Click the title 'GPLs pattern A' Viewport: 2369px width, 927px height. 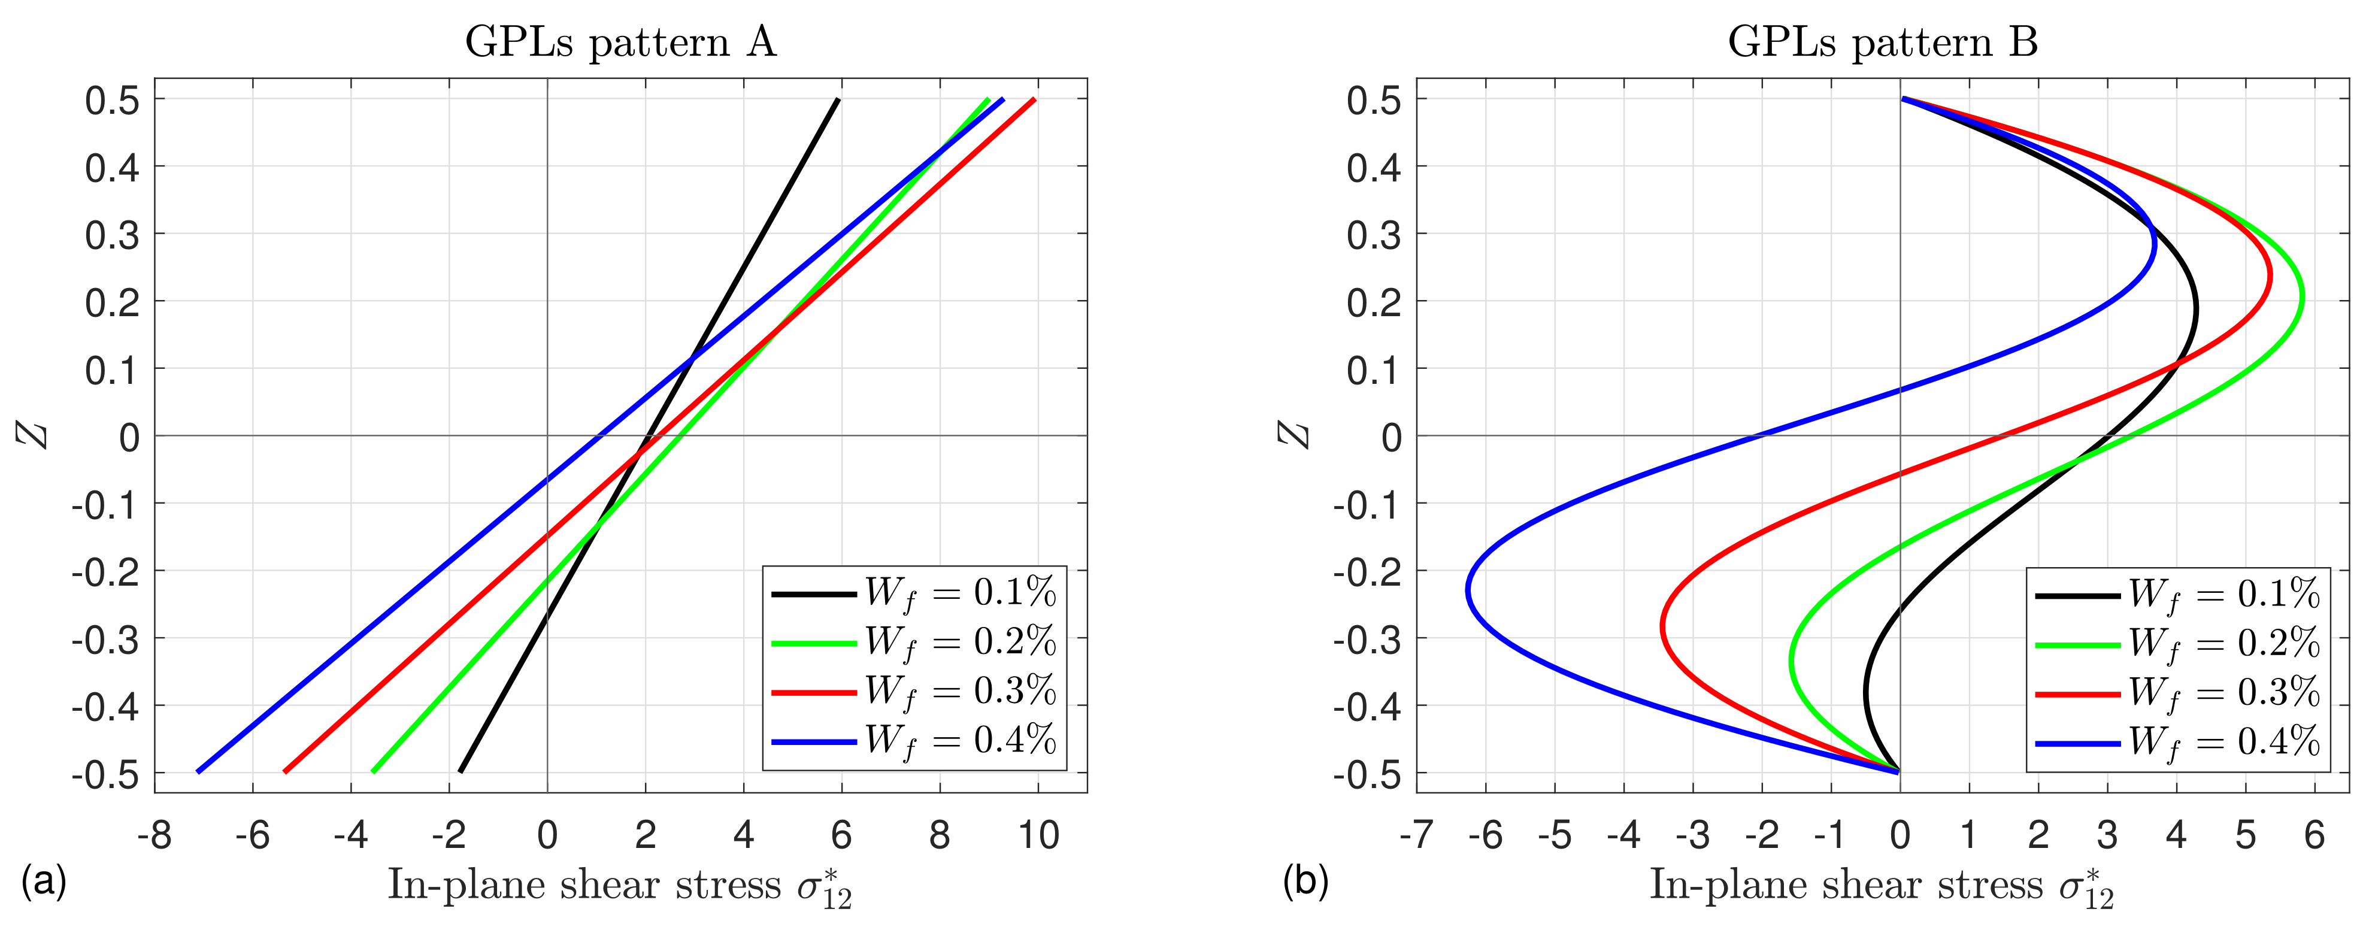(621, 43)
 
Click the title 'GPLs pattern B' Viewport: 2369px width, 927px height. (1883, 43)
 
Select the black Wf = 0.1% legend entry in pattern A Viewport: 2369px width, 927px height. (913, 594)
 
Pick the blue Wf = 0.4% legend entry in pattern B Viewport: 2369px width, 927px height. (2177, 741)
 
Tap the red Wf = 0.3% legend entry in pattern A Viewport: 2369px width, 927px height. (913, 692)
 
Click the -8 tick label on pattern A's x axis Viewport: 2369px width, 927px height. (154, 835)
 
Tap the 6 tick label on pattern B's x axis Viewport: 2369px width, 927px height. (2314, 835)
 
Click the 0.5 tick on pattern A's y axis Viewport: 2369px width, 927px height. (112, 99)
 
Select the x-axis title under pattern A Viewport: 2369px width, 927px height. (621, 886)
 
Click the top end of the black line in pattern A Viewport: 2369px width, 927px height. (838, 99)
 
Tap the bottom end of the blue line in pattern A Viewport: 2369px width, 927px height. (198, 771)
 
